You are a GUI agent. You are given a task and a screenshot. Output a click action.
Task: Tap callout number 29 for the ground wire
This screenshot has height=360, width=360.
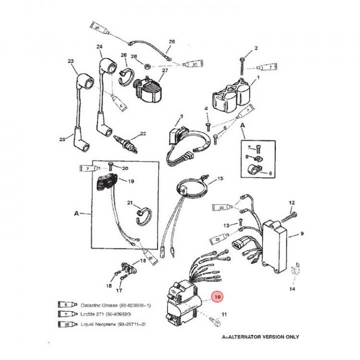[171, 41]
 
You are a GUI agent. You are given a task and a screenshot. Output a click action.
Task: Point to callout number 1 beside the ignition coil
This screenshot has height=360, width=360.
[258, 77]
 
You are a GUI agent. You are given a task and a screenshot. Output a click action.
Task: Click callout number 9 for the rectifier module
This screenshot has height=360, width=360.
[302, 233]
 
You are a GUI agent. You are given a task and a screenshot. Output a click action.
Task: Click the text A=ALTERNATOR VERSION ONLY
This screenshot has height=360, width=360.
[260, 337]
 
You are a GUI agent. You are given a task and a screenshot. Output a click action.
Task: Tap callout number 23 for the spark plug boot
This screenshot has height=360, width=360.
[70, 62]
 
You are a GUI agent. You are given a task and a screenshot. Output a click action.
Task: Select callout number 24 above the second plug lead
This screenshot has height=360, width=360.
[99, 47]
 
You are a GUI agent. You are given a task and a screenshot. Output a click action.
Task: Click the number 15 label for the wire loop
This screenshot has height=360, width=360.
[220, 178]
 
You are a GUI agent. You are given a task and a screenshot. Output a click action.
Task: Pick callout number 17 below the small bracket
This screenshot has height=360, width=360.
[119, 290]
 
